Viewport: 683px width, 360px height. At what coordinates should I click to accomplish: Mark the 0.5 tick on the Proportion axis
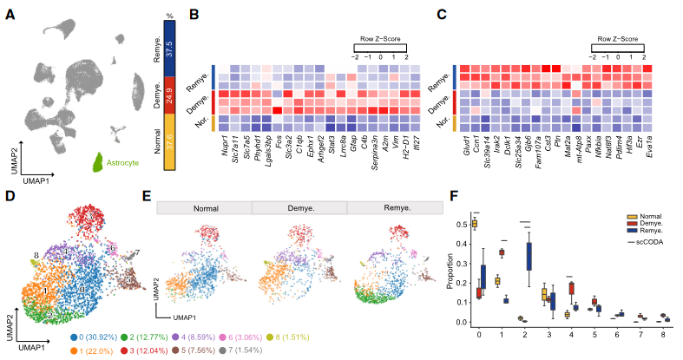click(462, 224)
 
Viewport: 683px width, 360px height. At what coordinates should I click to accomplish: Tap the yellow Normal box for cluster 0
click(475, 224)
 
